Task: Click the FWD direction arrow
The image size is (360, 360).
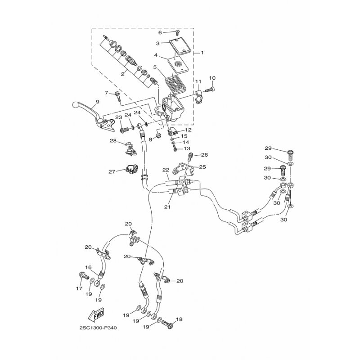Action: [x=96, y=314]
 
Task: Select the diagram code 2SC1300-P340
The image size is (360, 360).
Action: [x=98, y=328]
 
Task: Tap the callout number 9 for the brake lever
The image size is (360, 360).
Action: [x=97, y=101]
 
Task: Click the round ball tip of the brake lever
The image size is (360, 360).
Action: [x=75, y=104]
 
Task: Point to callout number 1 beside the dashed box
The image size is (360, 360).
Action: [x=202, y=53]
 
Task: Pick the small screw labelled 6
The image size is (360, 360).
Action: [x=177, y=32]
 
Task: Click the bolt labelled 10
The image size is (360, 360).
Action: [x=210, y=90]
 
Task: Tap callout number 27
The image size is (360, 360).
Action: [x=112, y=171]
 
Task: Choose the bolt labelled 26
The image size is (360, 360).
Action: [x=190, y=157]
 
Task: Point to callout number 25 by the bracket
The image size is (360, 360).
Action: [x=202, y=167]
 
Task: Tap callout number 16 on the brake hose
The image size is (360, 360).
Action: [x=88, y=267]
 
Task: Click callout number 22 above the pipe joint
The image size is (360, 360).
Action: [x=166, y=170]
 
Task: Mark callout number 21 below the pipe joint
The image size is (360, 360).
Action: [x=167, y=207]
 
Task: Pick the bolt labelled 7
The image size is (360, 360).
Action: [x=118, y=96]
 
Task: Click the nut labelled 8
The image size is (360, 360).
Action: [x=158, y=136]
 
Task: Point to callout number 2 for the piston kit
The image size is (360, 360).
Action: [x=122, y=74]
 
